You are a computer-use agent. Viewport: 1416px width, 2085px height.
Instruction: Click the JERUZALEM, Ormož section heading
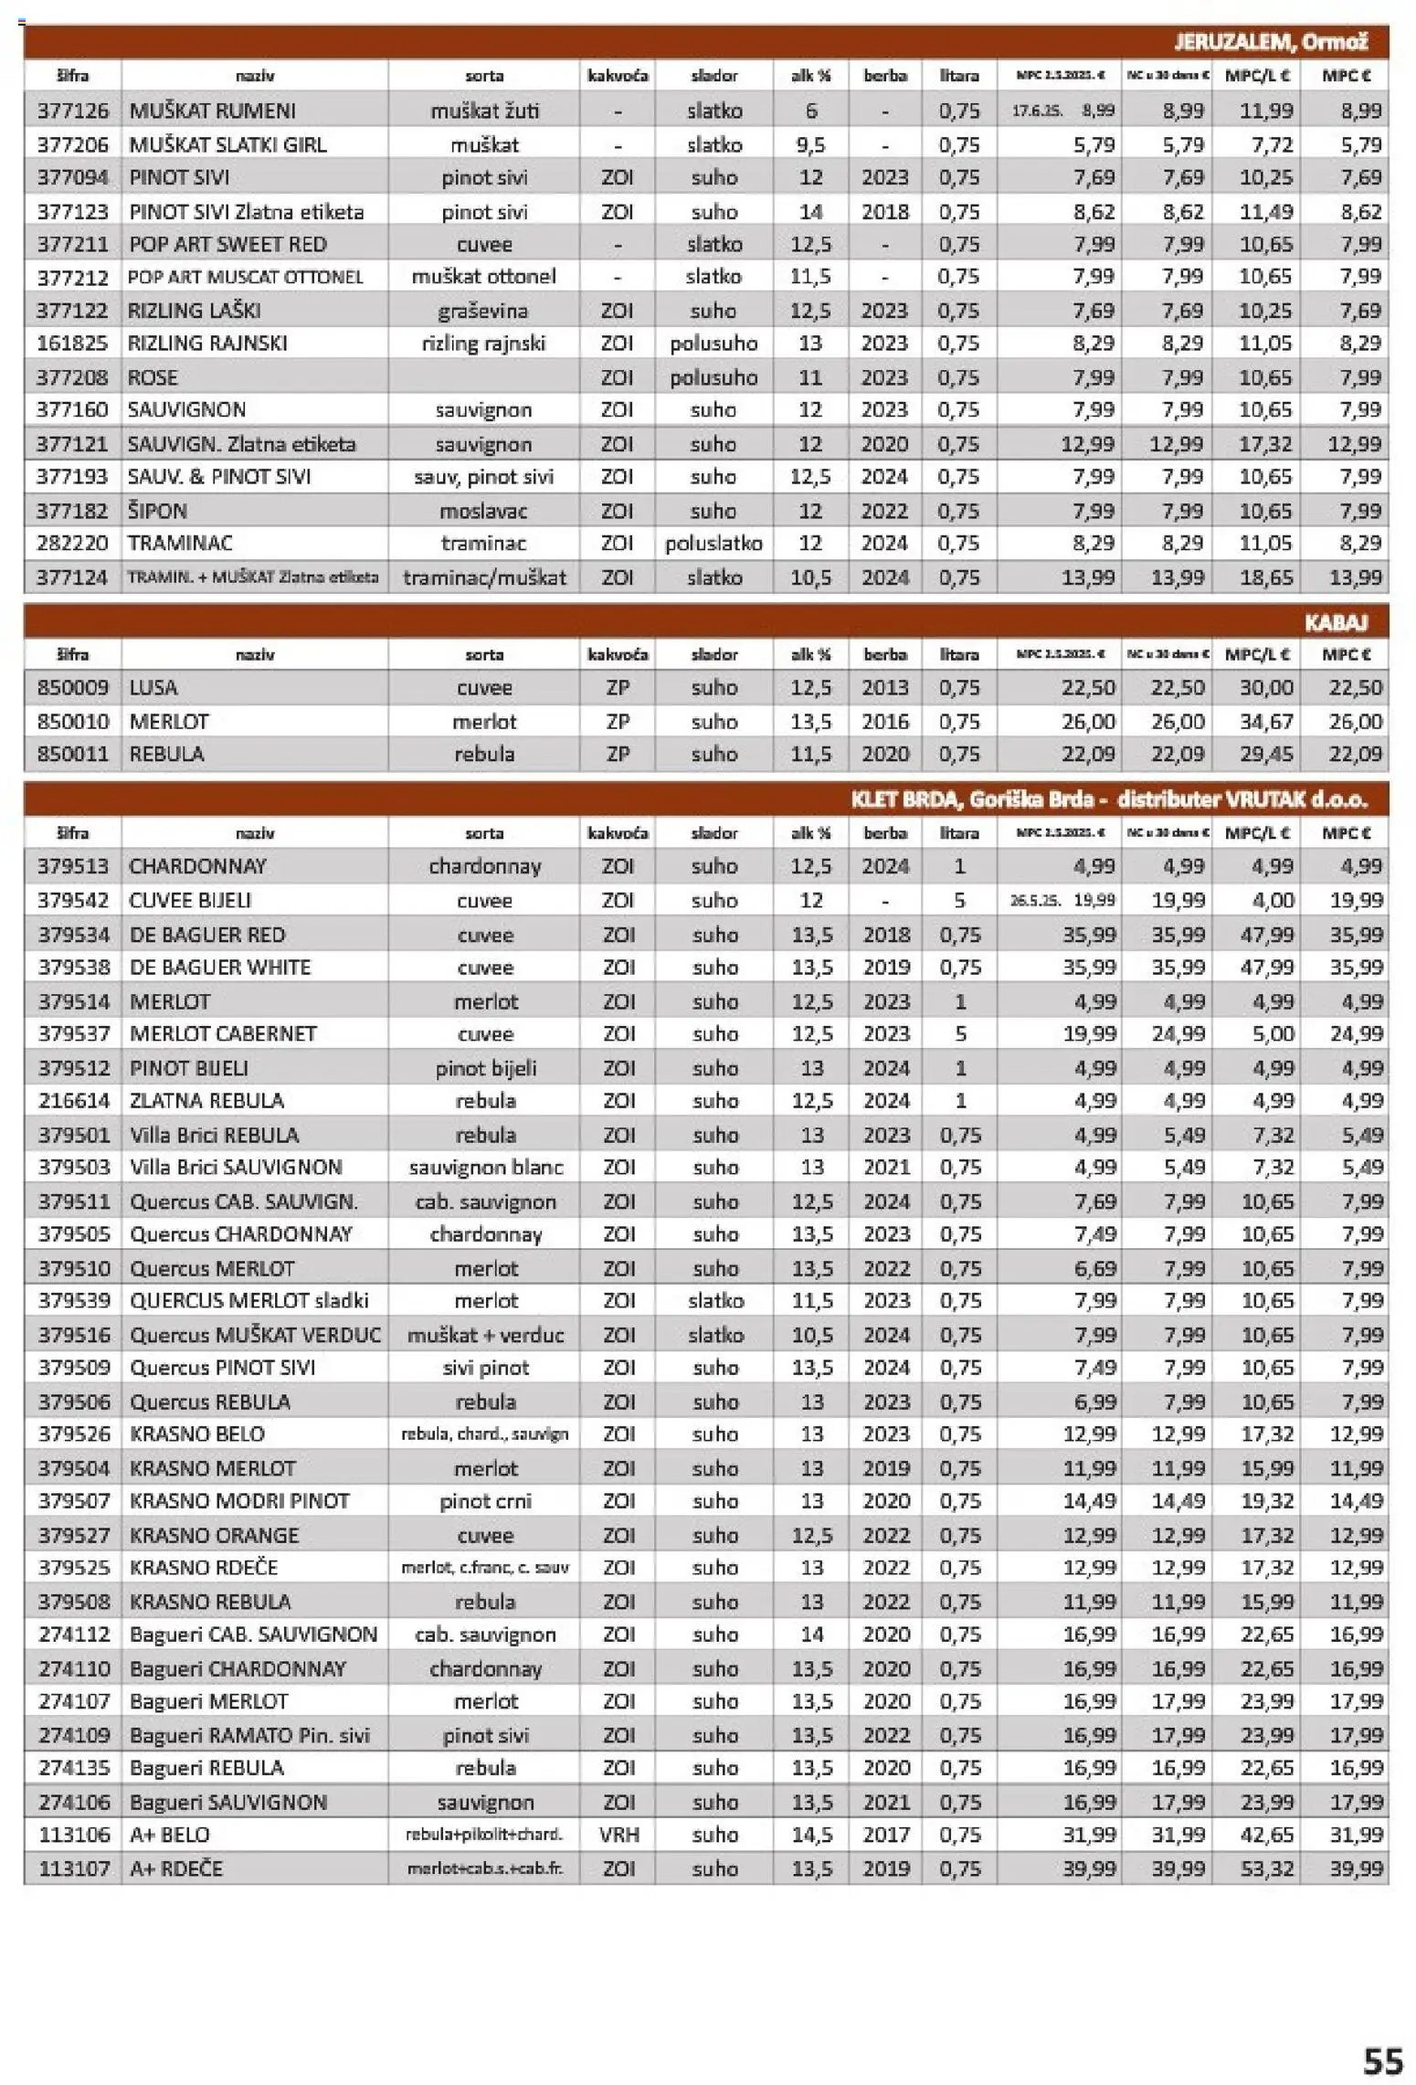[x=1270, y=42]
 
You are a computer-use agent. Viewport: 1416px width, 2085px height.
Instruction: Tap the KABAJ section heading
[x=1335, y=622]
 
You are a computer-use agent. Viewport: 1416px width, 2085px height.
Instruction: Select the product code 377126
[x=73, y=111]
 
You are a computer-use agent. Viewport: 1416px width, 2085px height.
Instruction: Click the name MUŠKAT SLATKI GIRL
[x=227, y=144]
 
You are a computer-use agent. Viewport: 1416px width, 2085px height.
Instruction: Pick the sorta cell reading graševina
[x=484, y=311]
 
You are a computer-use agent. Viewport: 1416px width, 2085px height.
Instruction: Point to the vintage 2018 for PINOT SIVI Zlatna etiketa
[x=884, y=211]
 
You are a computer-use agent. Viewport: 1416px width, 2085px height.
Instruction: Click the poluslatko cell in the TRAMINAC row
[x=713, y=544]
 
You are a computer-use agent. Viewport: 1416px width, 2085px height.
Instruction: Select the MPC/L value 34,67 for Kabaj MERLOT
[x=1265, y=721]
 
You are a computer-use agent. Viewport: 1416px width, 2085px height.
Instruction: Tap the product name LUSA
[x=153, y=687]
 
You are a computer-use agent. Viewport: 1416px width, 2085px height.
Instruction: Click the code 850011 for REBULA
[x=73, y=754]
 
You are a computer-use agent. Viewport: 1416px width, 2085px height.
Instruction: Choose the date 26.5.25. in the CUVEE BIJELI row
[x=1034, y=900]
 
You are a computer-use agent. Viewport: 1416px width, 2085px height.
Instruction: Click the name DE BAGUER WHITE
[x=220, y=967]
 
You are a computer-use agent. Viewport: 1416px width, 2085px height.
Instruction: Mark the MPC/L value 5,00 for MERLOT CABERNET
[x=1273, y=1033]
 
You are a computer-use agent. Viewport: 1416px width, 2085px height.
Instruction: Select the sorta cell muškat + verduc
[x=485, y=1335]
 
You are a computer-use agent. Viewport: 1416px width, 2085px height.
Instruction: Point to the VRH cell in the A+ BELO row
[x=618, y=1834]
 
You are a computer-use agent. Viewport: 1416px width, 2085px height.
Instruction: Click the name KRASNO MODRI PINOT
[x=239, y=1500]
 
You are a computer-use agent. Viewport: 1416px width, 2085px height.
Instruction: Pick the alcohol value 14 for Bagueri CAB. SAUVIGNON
[x=811, y=1634]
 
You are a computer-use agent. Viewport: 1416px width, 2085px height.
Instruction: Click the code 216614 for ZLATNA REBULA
[x=73, y=1100]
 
